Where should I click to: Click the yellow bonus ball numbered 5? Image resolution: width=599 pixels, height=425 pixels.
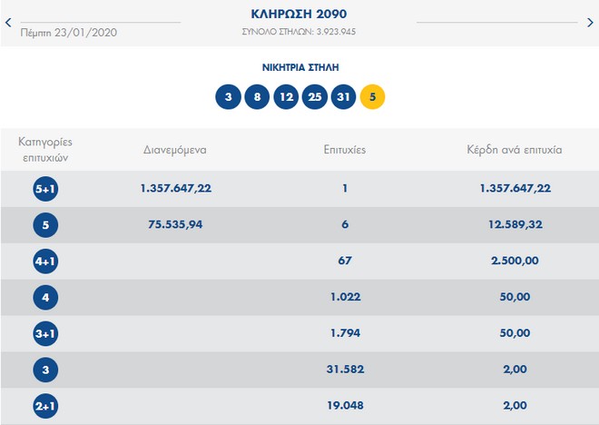pyautogui.click(x=373, y=96)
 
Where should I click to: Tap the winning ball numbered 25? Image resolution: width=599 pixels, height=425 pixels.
pyautogui.click(x=315, y=96)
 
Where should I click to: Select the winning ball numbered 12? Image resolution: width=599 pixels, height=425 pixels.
pyautogui.click(x=286, y=96)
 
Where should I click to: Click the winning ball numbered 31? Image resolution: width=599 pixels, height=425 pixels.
pyautogui.click(x=344, y=96)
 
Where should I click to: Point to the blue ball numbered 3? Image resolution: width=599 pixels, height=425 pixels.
pyautogui.click(x=228, y=96)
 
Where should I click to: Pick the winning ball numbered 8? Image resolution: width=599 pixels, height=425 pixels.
pyautogui.click(x=257, y=96)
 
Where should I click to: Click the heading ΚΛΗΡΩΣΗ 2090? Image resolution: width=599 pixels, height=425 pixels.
pyautogui.click(x=299, y=15)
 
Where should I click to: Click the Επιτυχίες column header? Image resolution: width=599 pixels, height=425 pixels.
pyautogui.click(x=345, y=150)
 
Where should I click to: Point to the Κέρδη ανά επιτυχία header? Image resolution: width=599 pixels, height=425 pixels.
pyautogui.click(x=514, y=150)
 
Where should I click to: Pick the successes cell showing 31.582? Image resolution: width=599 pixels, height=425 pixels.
pyautogui.click(x=345, y=370)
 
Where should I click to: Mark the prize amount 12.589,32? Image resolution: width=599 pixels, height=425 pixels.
pyautogui.click(x=514, y=225)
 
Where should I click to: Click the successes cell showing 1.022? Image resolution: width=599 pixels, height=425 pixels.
pyautogui.click(x=345, y=297)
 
